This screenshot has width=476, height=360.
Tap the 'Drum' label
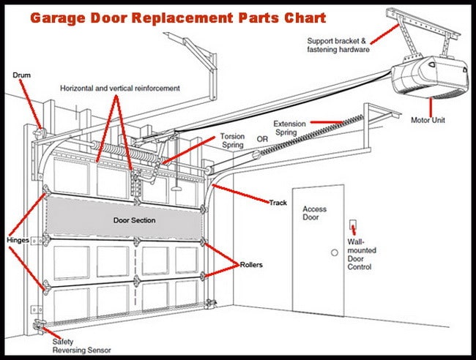[21, 75]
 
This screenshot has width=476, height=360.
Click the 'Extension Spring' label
[290, 129]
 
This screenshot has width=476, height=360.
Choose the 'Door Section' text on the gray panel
[134, 220]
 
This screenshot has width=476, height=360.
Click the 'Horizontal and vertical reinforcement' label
[120, 88]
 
